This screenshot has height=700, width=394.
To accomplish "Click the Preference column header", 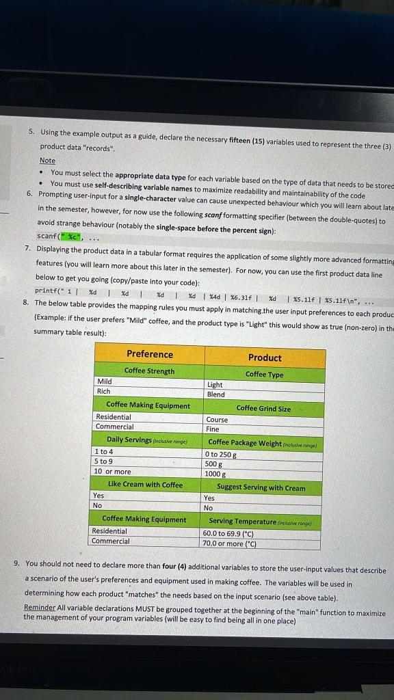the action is [x=149, y=354].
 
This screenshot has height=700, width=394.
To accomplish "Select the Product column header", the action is [x=265, y=358].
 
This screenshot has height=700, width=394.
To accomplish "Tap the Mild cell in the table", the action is [x=105, y=381].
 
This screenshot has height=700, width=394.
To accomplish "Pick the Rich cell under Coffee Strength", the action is [x=104, y=391].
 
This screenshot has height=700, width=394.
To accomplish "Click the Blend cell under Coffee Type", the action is [x=215, y=394].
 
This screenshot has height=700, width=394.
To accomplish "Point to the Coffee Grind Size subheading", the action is [x=263, y=408].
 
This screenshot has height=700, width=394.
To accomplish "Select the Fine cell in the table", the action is [x=213, y=429].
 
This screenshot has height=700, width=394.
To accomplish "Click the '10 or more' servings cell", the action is [x=112, y=472].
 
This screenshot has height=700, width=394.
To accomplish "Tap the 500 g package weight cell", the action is [x=211, y=463].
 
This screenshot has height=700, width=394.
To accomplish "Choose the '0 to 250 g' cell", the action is [x=220, y=455].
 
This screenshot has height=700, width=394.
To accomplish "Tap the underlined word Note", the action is [x=47, y=160].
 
